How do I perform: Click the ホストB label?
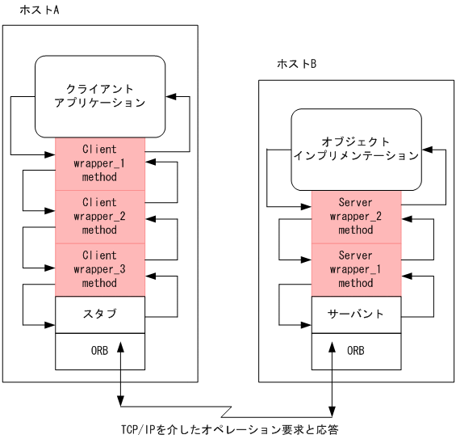coord(296,64)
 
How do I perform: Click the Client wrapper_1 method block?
coord(100,163)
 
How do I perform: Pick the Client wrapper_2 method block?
coord(100,217)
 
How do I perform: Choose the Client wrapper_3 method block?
coord(100,269)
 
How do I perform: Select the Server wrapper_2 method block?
coord(356,216)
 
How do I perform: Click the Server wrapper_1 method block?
coord(356,269)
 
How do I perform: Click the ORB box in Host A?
coord(100,351)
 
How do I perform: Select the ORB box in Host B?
coord(356,351)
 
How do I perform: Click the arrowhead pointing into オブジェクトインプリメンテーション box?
coord(427,151)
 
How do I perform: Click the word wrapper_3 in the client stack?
coord(100,269)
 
